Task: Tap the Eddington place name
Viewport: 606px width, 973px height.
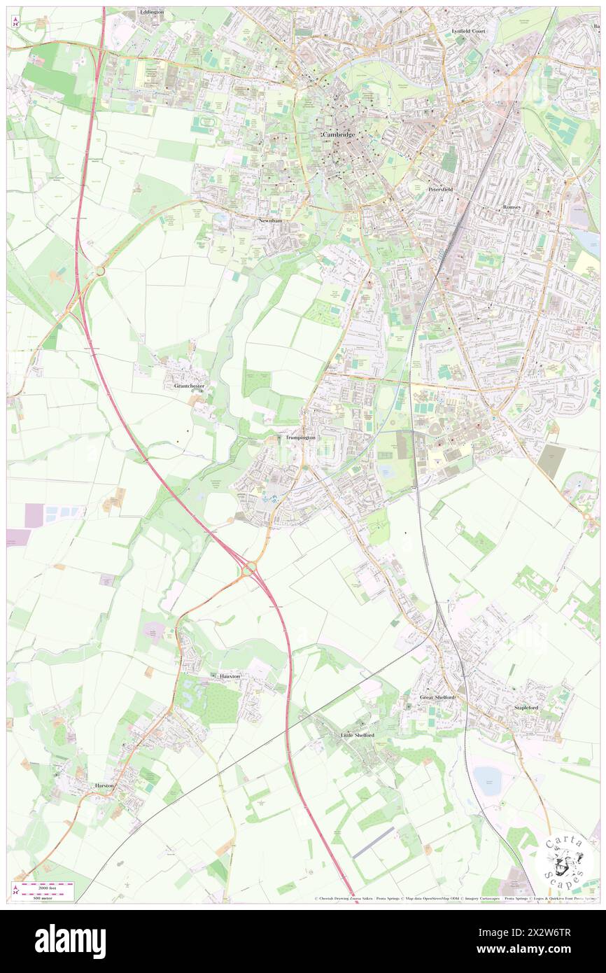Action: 151,13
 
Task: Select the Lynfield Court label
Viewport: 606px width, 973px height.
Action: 468,31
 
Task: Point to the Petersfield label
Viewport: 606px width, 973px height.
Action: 442,190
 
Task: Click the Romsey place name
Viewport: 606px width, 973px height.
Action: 517,208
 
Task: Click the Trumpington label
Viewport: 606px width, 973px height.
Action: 301,437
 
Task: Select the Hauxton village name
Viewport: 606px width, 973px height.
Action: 228,676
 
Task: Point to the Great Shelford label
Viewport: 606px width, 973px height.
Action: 437,697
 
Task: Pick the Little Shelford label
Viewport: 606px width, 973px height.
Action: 357,735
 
